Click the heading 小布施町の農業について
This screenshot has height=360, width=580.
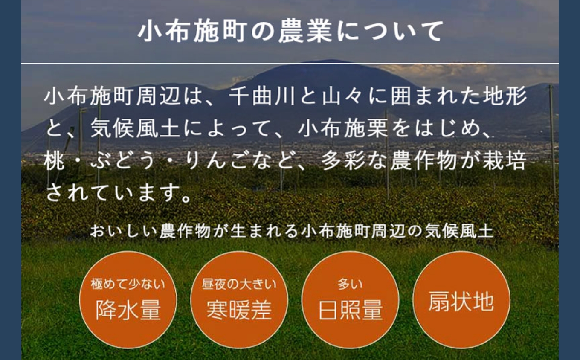click(x=290, y=32)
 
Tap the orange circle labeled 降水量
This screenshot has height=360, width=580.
click(x=128, y=300)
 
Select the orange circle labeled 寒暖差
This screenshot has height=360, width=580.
click(x=239, y=300)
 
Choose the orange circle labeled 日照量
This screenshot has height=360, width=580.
click(x=350, y=300)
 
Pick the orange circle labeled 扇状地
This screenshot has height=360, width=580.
click(x=461, y=300)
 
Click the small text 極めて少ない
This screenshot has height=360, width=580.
click(x=128, y=284)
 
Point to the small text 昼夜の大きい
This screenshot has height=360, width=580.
click(x=239, y=284)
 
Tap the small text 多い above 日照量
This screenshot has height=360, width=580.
click(x=350, y=284)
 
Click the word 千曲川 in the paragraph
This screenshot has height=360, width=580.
click(x=261, y=96)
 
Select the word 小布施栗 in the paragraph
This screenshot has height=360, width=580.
click(x=342, y=128)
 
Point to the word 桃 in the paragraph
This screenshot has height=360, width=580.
click(x=54, y=161)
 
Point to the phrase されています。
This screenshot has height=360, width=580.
click(x=118, y=193)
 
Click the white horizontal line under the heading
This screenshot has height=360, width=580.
click(x=290, y=63)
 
